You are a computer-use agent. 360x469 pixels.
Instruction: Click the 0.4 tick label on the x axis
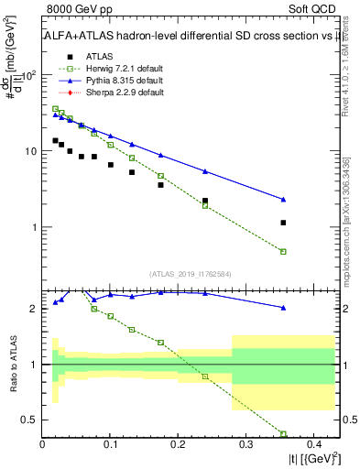point(312,444)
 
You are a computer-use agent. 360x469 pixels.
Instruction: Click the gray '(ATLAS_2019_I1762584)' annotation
point(190,273)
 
